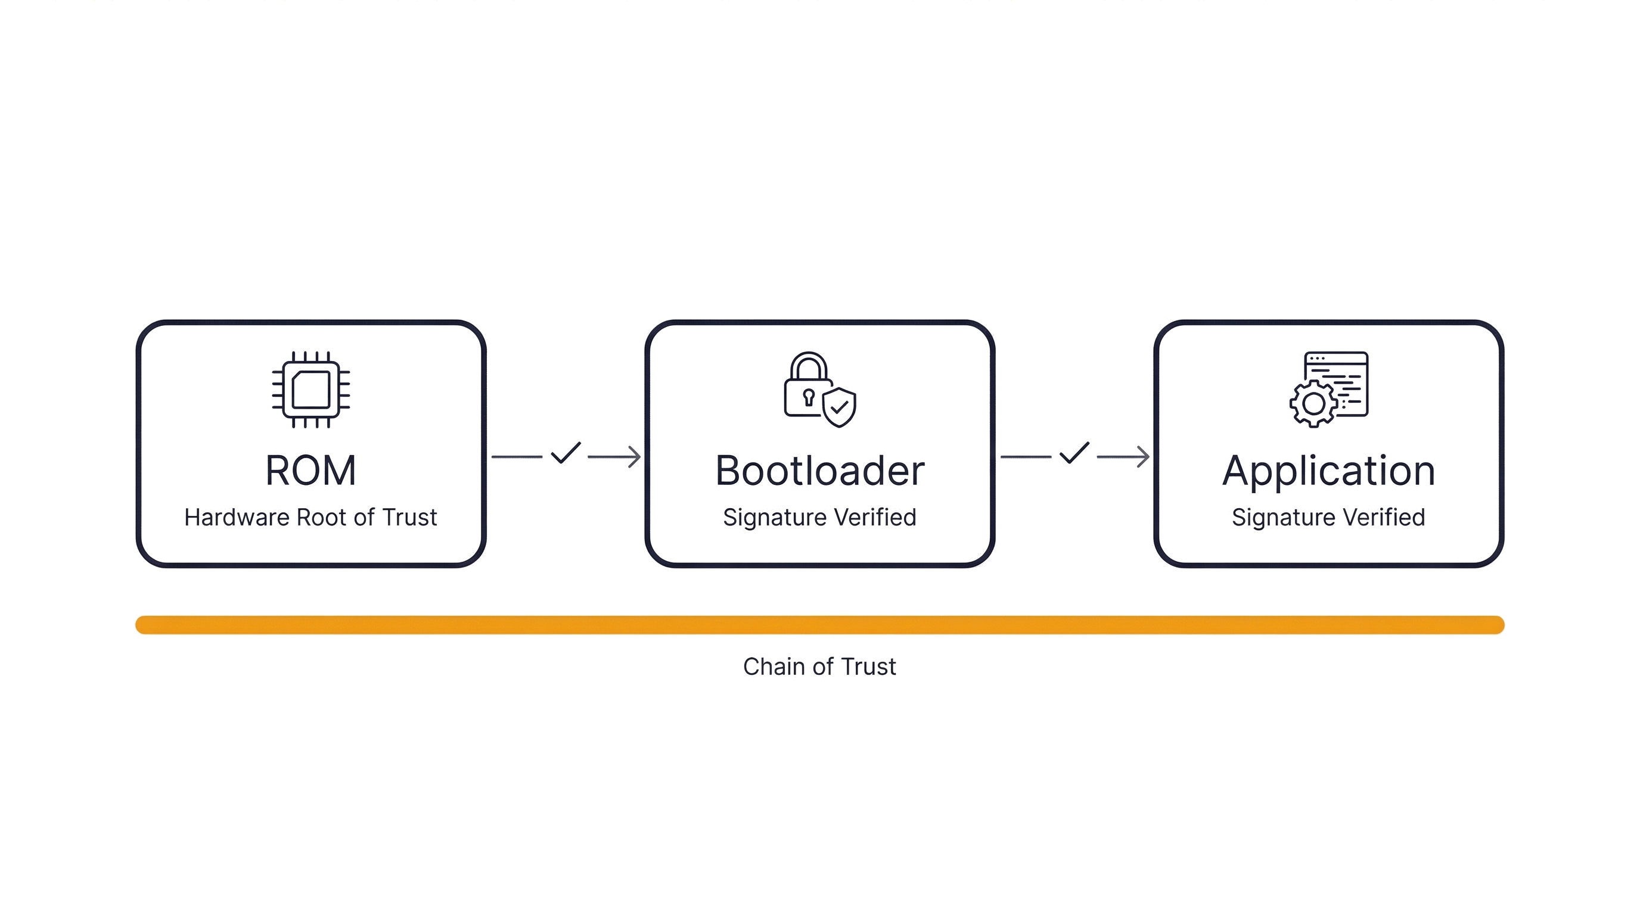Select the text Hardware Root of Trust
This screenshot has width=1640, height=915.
310,517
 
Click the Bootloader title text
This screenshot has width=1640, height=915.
819,471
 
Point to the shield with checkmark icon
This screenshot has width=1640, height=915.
839,407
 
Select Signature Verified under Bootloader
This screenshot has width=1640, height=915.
819,517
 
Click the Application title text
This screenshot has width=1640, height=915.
1328,471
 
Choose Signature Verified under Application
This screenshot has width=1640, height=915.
1328,517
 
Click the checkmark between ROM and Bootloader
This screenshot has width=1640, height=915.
566,456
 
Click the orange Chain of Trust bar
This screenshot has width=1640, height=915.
819,625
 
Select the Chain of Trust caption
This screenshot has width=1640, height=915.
819,667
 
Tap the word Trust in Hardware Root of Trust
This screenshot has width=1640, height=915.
409,517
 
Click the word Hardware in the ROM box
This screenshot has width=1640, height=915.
237,517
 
